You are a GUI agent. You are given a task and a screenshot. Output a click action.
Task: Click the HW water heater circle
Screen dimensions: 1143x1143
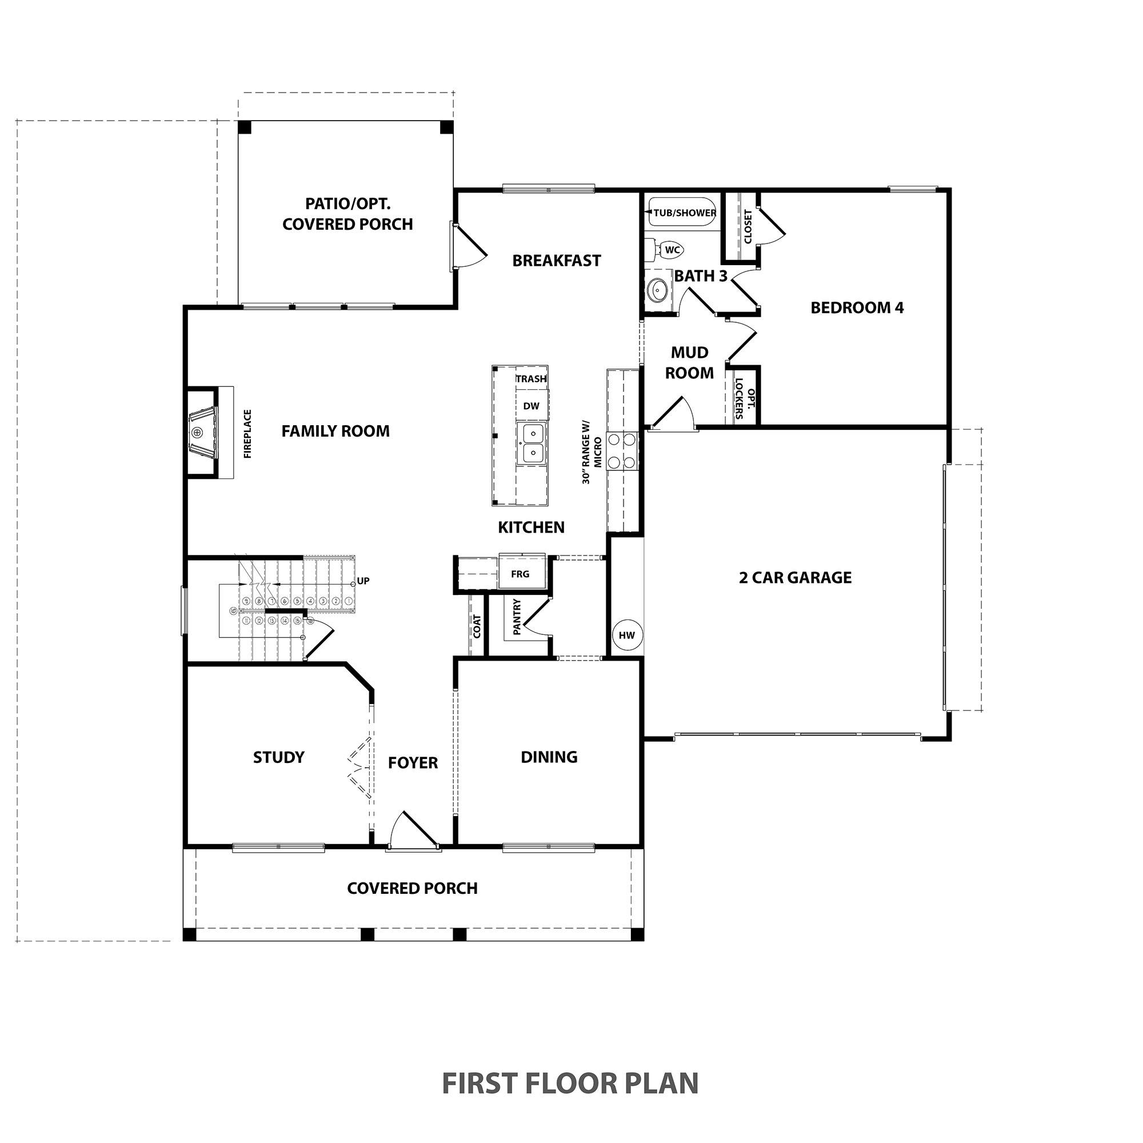click(x=626, y=636)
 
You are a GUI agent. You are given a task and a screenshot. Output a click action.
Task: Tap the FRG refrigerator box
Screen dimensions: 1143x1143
click(x=520, y=573)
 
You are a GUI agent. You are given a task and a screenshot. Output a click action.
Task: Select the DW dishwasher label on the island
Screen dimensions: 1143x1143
click(x=531, y=406)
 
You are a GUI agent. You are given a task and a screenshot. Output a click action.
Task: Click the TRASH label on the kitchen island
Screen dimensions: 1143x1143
click(x=531, y=379)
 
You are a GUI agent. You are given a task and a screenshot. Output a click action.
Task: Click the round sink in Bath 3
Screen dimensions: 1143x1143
click(x=657, y=290)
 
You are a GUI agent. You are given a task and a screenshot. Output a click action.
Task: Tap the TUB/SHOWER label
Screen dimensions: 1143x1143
click(x=685, y=213)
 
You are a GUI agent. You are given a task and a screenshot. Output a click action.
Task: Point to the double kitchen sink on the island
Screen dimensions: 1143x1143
click(x=531, y=443)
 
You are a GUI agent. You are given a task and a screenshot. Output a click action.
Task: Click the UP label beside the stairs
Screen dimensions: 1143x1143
click(x=363, y=581)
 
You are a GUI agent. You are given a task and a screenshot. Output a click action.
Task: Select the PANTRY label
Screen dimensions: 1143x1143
click(x=517, y=617)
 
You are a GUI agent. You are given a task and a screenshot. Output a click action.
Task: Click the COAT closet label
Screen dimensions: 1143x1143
click(x=477, y=626)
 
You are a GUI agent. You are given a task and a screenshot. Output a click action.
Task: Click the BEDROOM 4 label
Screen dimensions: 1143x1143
click(x=857, y=307)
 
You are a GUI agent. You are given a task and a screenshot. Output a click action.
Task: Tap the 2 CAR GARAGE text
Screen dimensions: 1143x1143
click(x=794, y=577)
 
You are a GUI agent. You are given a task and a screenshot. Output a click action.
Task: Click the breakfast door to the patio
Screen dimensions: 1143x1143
click(x=469, y=247)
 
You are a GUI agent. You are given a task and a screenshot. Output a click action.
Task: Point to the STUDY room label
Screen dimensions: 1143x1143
click(x=279, y=757)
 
